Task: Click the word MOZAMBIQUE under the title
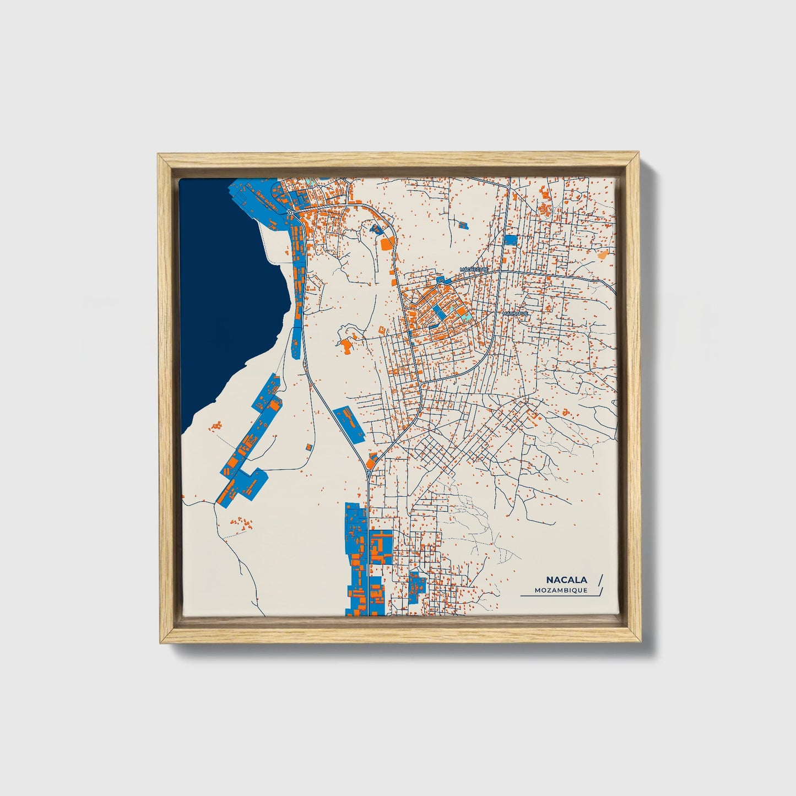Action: coord(561,591)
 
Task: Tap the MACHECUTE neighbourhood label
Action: coord(474,269)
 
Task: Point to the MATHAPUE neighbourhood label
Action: coord(515,313)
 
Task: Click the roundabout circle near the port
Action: coord(290,212)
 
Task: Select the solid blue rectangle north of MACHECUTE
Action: coord(511,240)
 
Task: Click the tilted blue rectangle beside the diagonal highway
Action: coord(349,424)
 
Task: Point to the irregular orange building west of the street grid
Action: coord(346,346)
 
